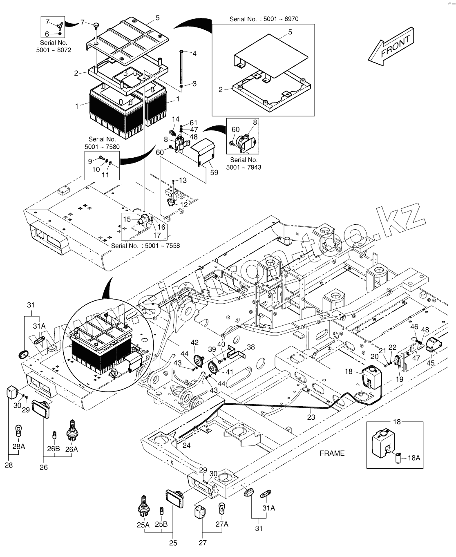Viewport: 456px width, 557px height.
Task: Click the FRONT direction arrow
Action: click(391, 47)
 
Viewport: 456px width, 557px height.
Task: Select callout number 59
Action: click(214, 172)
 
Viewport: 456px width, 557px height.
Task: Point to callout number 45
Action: click(431, 363)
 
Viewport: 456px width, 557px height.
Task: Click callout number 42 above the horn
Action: click(194, 342)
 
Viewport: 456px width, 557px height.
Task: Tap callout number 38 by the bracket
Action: click(250, 347)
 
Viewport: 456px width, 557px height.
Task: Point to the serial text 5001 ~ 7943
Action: click(244, 167)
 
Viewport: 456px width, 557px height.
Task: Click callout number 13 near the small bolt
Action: click(183, 180)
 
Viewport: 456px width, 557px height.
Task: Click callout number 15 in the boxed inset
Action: click(127, 219)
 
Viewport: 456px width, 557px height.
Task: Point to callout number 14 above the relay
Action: click(176, 119)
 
